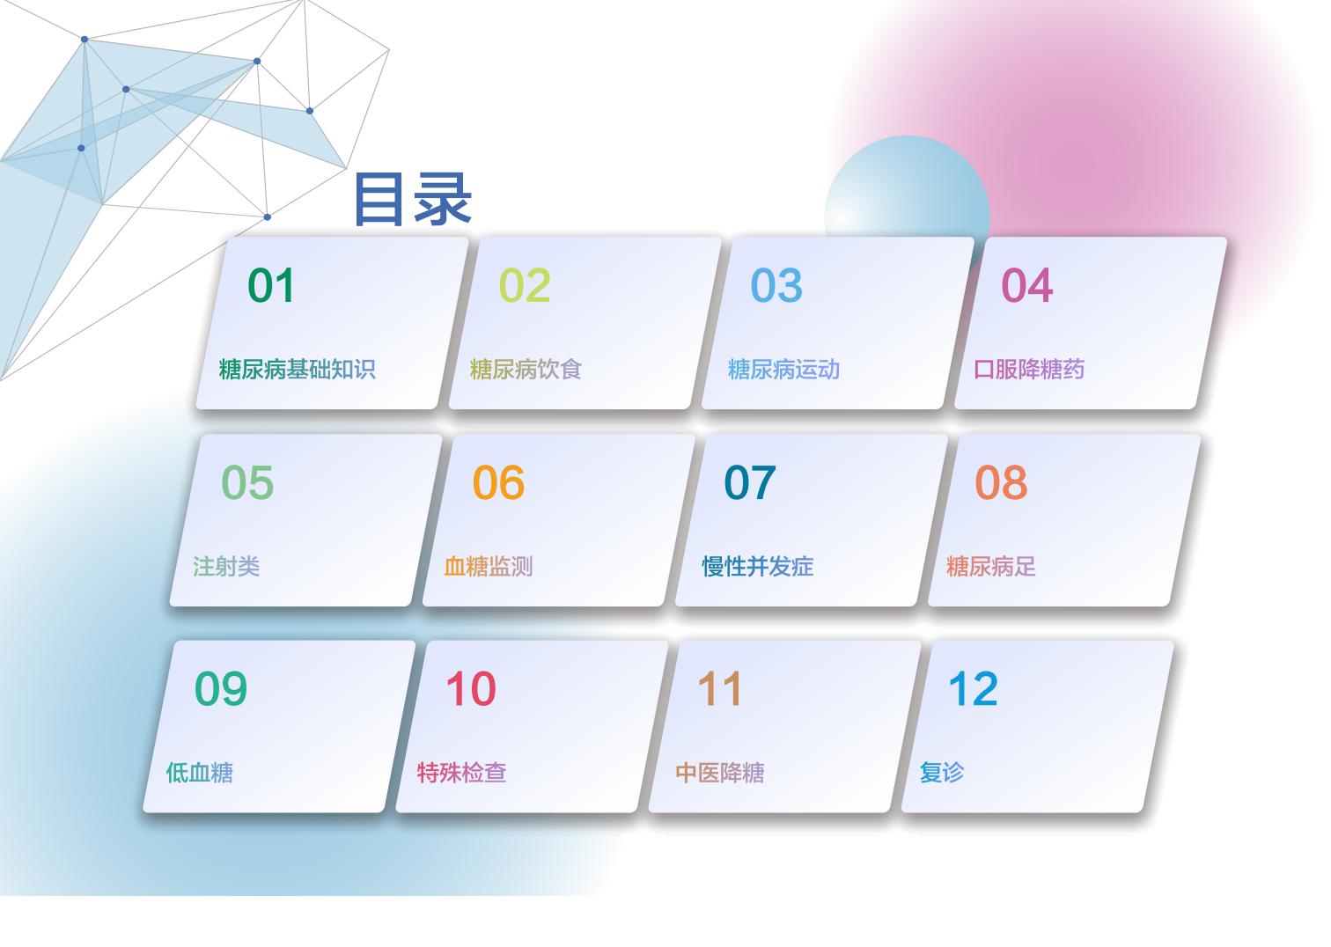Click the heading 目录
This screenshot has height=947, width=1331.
[413, 199]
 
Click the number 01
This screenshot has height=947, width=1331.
[271, 285]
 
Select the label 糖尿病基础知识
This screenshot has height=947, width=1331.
[298, 369]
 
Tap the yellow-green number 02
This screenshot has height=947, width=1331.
[525, 285]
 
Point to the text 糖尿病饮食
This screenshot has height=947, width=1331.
[526, 369]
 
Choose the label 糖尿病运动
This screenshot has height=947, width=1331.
[783, 369]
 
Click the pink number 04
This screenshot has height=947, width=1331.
[1027, 285]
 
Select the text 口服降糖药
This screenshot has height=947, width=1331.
[1029, 369]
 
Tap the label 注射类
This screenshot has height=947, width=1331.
[226, 566]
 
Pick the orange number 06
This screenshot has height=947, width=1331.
[498, 482]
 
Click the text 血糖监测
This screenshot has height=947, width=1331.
[489, 566]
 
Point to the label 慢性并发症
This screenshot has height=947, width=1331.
[758, 566]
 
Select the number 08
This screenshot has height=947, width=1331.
[1001, 482]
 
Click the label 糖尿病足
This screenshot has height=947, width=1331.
[991, 566]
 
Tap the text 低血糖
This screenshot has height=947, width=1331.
[200, 773]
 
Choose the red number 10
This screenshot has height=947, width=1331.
[471, 688]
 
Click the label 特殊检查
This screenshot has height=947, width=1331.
[461, 773]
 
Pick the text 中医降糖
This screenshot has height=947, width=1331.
[719, 773]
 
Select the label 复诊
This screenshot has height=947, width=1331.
[942, 773]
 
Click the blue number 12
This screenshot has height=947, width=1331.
[974, 688]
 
